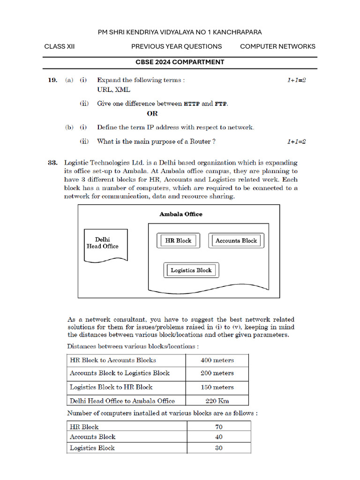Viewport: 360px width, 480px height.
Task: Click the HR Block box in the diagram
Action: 178,240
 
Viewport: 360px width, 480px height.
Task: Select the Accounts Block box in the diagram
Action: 236,240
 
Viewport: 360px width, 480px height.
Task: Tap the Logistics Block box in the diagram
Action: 191,270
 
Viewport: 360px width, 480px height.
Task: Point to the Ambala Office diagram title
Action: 181,214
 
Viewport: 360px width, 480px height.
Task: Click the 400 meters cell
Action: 217,360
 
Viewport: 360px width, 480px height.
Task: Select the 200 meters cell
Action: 217,373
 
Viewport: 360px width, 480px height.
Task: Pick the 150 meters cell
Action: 217,387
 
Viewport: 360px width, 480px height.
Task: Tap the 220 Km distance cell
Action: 217,401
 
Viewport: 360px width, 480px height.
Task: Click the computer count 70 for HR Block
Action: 219,427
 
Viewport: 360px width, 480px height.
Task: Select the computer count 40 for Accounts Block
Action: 219,437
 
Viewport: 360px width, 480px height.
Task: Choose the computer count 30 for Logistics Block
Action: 219,448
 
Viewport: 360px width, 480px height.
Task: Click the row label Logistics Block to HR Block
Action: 111,387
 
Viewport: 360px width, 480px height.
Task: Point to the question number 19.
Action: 52,80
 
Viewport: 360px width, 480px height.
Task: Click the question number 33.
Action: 52,163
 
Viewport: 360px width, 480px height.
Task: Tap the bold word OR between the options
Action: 152,113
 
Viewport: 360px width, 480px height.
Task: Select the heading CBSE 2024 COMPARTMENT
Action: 180,62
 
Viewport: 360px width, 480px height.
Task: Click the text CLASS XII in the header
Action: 60,46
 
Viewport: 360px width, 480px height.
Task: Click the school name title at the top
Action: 180,32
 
